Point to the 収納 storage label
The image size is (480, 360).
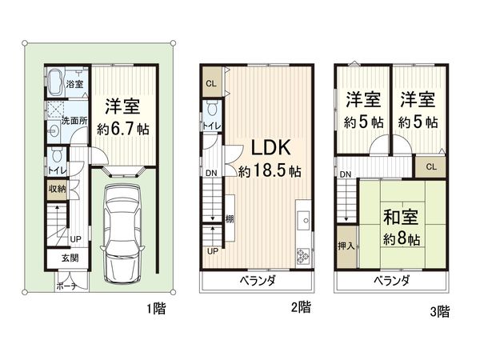[x=57, y=189]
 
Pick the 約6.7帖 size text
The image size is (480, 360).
[x=122, y=127]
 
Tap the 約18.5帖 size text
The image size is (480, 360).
[x=269, y=170]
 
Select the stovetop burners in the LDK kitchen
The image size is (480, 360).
[x=304, y=256]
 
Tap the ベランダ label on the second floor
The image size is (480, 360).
[x=258, y=281]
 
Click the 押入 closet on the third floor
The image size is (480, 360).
[x=345, y=247]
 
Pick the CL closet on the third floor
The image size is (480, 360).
[x=430, y=167]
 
